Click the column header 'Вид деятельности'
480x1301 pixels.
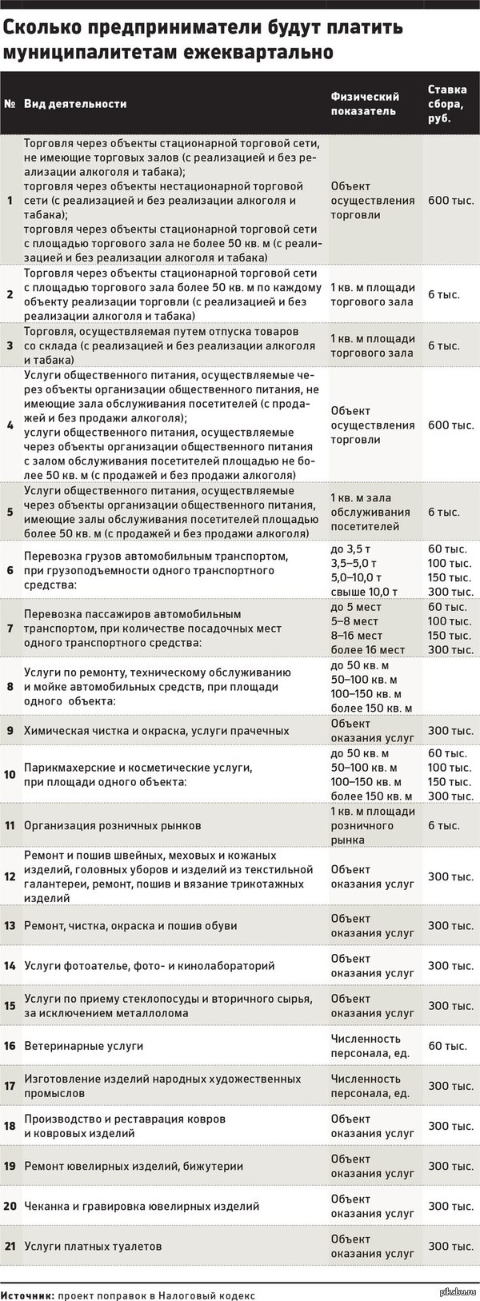point(75,104)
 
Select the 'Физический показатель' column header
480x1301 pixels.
point(364,103)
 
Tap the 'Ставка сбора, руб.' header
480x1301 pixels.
point(447,103)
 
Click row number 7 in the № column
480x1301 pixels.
point(10,629)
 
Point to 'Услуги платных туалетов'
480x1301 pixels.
point(93,1246)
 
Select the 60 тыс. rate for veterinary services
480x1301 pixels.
point(447,1046)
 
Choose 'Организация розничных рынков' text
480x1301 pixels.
point(112,825)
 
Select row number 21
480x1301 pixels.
point(10,1246)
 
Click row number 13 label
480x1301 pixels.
point(10,925)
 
